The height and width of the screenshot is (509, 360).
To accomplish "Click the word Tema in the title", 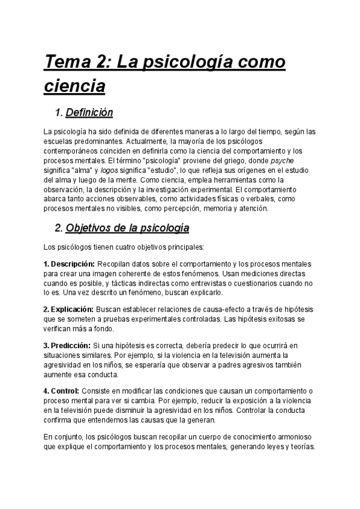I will tap(71, 62).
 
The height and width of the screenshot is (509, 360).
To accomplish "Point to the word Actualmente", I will tap(125, 141).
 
